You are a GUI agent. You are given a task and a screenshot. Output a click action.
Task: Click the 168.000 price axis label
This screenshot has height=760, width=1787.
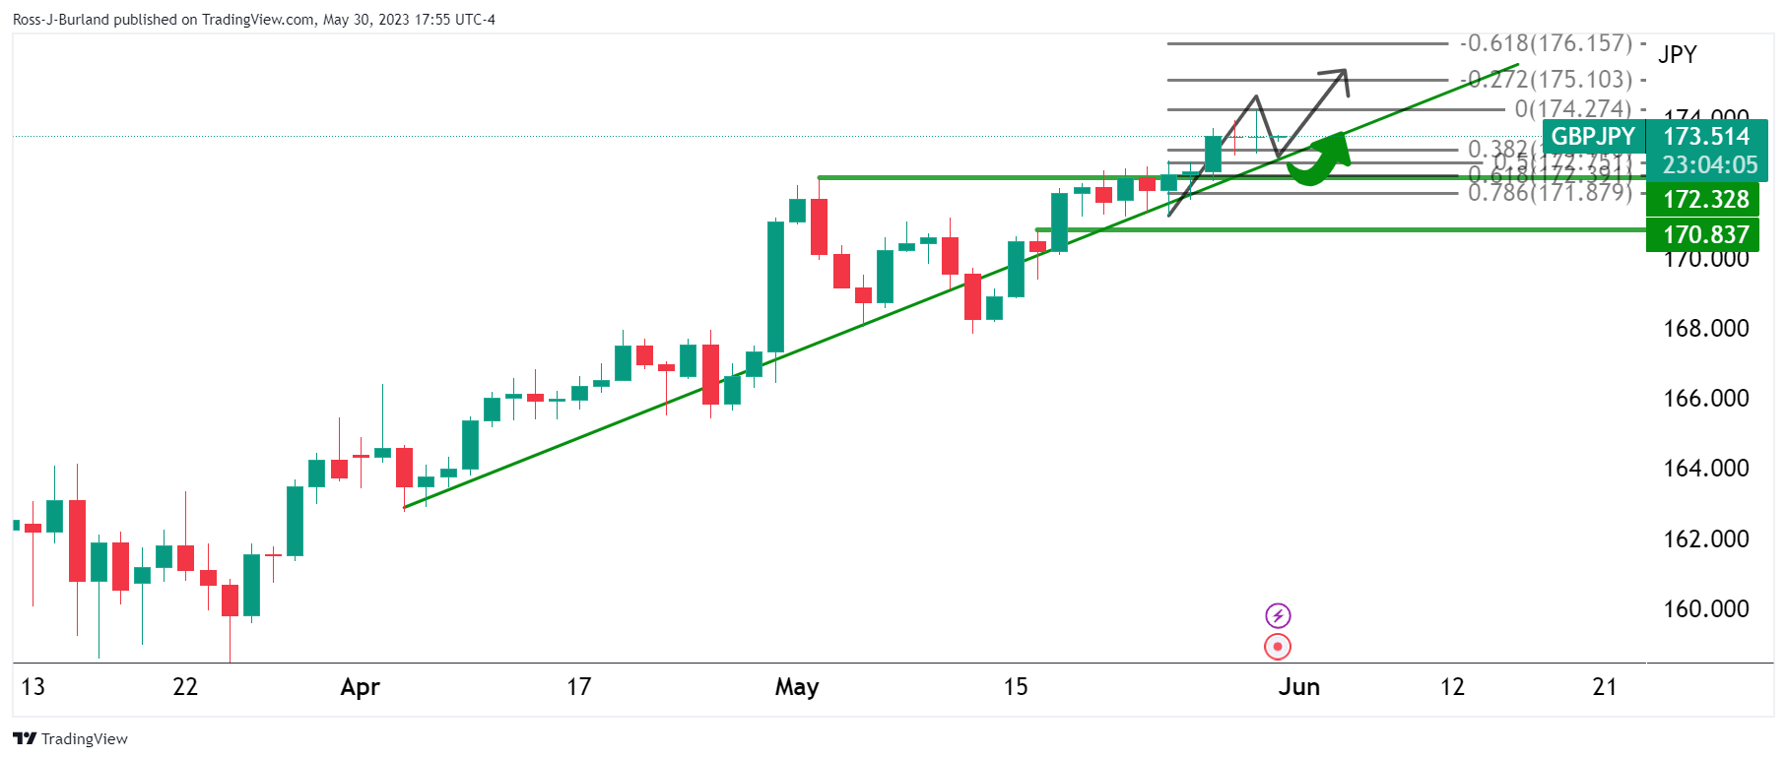(1705, 329)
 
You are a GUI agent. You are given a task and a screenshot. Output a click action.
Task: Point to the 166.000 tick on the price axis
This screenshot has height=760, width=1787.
(1705, 399)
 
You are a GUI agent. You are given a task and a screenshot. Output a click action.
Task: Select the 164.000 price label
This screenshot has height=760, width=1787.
(1705, 469)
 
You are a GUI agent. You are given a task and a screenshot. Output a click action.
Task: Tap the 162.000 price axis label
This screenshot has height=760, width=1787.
(1705, 539)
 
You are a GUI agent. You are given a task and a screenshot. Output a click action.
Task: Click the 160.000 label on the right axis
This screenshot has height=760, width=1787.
(1705, 609)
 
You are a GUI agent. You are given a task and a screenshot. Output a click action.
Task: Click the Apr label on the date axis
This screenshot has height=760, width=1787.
(360, 687)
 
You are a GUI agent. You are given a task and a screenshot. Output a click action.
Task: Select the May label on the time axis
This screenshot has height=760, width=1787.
(796, 687)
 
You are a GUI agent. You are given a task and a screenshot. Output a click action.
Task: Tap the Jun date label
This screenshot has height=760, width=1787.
(1298, 687)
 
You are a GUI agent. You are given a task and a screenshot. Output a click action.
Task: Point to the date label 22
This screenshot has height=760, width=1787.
(185, 687)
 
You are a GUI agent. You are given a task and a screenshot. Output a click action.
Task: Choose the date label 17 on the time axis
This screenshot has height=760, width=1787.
(579, 687)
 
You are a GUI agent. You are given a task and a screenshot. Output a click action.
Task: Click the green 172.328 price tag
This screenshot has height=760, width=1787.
(1705, 200)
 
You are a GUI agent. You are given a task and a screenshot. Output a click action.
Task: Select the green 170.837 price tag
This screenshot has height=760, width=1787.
(1705, 235)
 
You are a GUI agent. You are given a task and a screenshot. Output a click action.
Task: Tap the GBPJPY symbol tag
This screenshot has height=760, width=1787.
(1593, 137)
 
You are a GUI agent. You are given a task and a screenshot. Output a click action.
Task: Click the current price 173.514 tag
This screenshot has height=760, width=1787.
(1705, 137)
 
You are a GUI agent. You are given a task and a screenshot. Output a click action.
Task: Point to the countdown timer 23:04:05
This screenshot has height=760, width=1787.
(1709, 165)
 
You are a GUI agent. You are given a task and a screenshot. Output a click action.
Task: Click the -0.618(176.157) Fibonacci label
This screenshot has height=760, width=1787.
(1547, 43)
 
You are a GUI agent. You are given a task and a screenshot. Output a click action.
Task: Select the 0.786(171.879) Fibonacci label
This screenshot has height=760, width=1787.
(1550, 192)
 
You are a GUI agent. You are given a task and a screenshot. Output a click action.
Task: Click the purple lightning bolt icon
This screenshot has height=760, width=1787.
(1278, 616)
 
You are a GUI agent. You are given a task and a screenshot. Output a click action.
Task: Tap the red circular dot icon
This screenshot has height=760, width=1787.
(1278, 647)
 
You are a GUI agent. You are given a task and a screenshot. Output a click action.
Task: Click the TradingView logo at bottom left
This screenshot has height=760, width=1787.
(71, 739)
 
